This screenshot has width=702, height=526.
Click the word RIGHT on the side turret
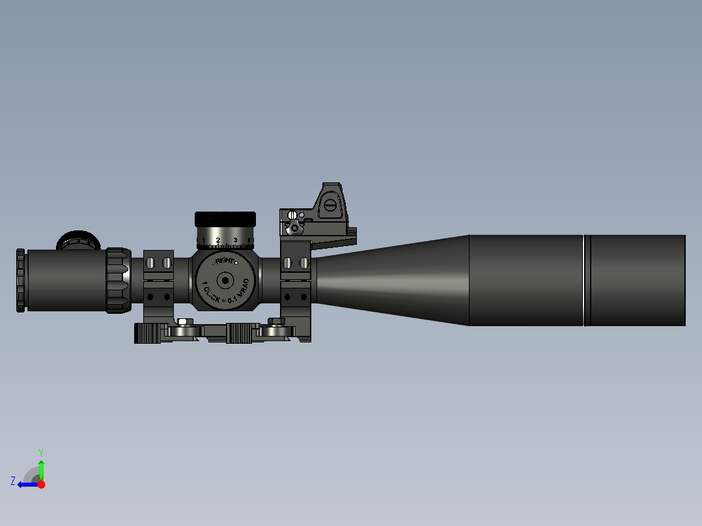pos(225,260)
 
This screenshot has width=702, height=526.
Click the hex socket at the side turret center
pos(225,281)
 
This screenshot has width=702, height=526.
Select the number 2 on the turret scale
pos(218,240)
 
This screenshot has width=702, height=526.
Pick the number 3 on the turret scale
pos(235,240)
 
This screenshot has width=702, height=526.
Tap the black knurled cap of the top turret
pos(225,219)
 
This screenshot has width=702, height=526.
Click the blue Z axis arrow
pos(25,484)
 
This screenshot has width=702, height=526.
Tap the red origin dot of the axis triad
pos(41,484)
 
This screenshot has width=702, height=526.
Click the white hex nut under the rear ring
pos(184,322)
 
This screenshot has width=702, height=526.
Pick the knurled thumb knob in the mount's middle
pos(239,333)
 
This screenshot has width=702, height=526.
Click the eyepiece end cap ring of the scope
pos(21,280)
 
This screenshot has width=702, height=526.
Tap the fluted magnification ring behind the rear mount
pos(119,280)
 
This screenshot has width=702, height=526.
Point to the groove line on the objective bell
pos(585,280)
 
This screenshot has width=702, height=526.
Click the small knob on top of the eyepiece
pos(78,240)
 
